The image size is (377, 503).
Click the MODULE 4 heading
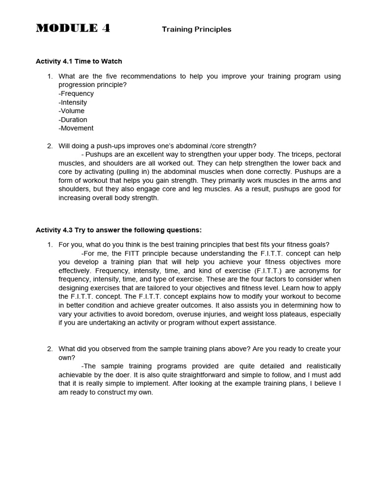point(73,28)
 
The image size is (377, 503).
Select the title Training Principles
point(196,29)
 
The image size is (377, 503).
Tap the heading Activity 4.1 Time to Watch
point(79,61)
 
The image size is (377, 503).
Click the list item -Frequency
point(76,93)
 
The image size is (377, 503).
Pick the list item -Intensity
point(73,102)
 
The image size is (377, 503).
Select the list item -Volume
point(71,111)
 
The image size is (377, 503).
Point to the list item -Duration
point(73,119)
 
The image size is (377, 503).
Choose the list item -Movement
point(76,128)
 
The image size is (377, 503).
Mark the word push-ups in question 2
point(112,145)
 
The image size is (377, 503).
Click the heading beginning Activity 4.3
point(119,230)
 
